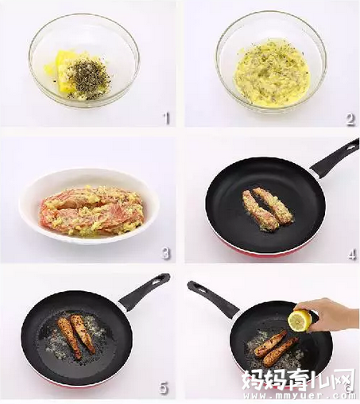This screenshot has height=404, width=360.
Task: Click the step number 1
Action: click(x=166, y=118)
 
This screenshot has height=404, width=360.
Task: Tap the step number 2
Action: click(x=350, y=120)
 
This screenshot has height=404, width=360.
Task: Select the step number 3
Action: click(x=165, y=253)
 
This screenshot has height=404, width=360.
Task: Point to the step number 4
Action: click(x=352, y=254)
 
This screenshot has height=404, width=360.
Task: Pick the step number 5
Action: click(x=164, y=388)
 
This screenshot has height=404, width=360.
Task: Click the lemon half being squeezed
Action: click(x=300, y=320)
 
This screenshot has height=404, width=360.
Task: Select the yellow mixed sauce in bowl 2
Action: click(x=272, y=73)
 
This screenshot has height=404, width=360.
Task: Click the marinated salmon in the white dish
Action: click(x=92, y=211)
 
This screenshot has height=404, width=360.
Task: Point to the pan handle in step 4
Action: click(x=335, y=157)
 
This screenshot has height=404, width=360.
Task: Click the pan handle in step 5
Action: click(x=144, y=292)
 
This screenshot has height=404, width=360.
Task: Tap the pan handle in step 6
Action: click(x=213, y=299)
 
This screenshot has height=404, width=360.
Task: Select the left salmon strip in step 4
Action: click(x=259, y=211)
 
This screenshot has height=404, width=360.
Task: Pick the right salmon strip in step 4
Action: click(x=273, y=205)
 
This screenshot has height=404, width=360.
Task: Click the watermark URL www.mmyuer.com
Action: click(x=300, y=396)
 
